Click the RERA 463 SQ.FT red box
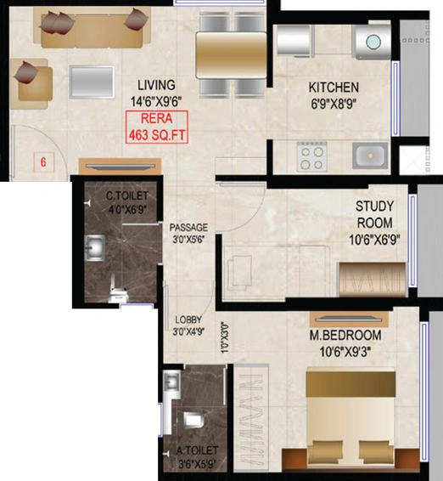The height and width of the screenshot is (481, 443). tap(156, 127)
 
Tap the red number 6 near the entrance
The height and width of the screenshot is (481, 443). tap(43, 161)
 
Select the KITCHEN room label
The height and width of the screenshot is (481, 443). tap(334, 88)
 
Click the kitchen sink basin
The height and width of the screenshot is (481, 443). tap(370, 156)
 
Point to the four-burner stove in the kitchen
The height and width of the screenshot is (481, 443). tap(311, 156)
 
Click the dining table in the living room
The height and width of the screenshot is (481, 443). tap(231, 55)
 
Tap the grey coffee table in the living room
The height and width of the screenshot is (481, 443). tap(92, 82)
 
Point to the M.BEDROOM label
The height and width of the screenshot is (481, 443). tap(345, 336)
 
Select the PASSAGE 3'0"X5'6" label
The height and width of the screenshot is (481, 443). tap(188, 233)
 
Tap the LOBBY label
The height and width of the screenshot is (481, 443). tap(188, 320)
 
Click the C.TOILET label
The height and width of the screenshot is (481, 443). tap(127, 195)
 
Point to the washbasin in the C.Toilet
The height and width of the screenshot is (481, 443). tap(95, 248)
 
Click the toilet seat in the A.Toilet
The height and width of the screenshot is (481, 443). tap(194, 421)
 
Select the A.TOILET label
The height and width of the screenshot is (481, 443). tap(198, 450)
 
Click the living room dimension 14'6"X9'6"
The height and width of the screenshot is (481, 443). tap(156, 101)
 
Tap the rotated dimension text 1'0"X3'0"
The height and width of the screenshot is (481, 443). tap(225, 337)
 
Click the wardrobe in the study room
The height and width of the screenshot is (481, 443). tap(373, 280)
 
